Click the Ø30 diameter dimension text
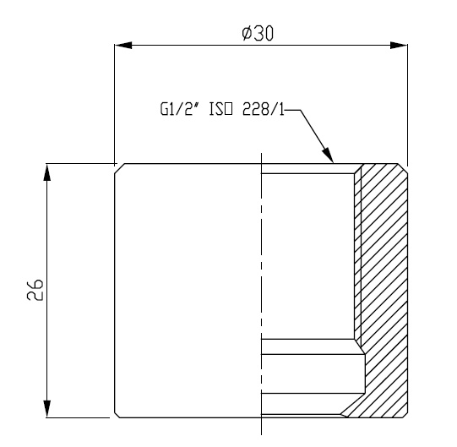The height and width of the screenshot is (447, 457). coord(258,33)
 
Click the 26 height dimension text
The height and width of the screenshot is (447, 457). coord(35,290)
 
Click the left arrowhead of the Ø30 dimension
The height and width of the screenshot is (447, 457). coord(123,46)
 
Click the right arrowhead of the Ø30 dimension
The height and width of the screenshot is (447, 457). coord(399,46)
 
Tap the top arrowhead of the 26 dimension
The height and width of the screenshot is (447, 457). coord(46,172)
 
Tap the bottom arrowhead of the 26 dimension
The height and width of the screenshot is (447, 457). coord(46,409)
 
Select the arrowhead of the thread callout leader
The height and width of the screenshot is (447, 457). coord(328,155)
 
